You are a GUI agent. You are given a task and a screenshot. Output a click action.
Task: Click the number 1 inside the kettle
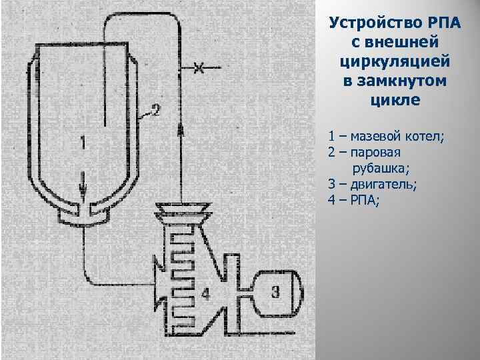pyautogui.click(x=82, y=141)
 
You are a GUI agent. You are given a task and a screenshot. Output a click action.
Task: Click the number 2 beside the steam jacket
pyautogui.click(x=155, y=110)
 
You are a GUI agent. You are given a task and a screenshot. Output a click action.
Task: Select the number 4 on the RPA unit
pyautogui.click(x=206, y=292)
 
